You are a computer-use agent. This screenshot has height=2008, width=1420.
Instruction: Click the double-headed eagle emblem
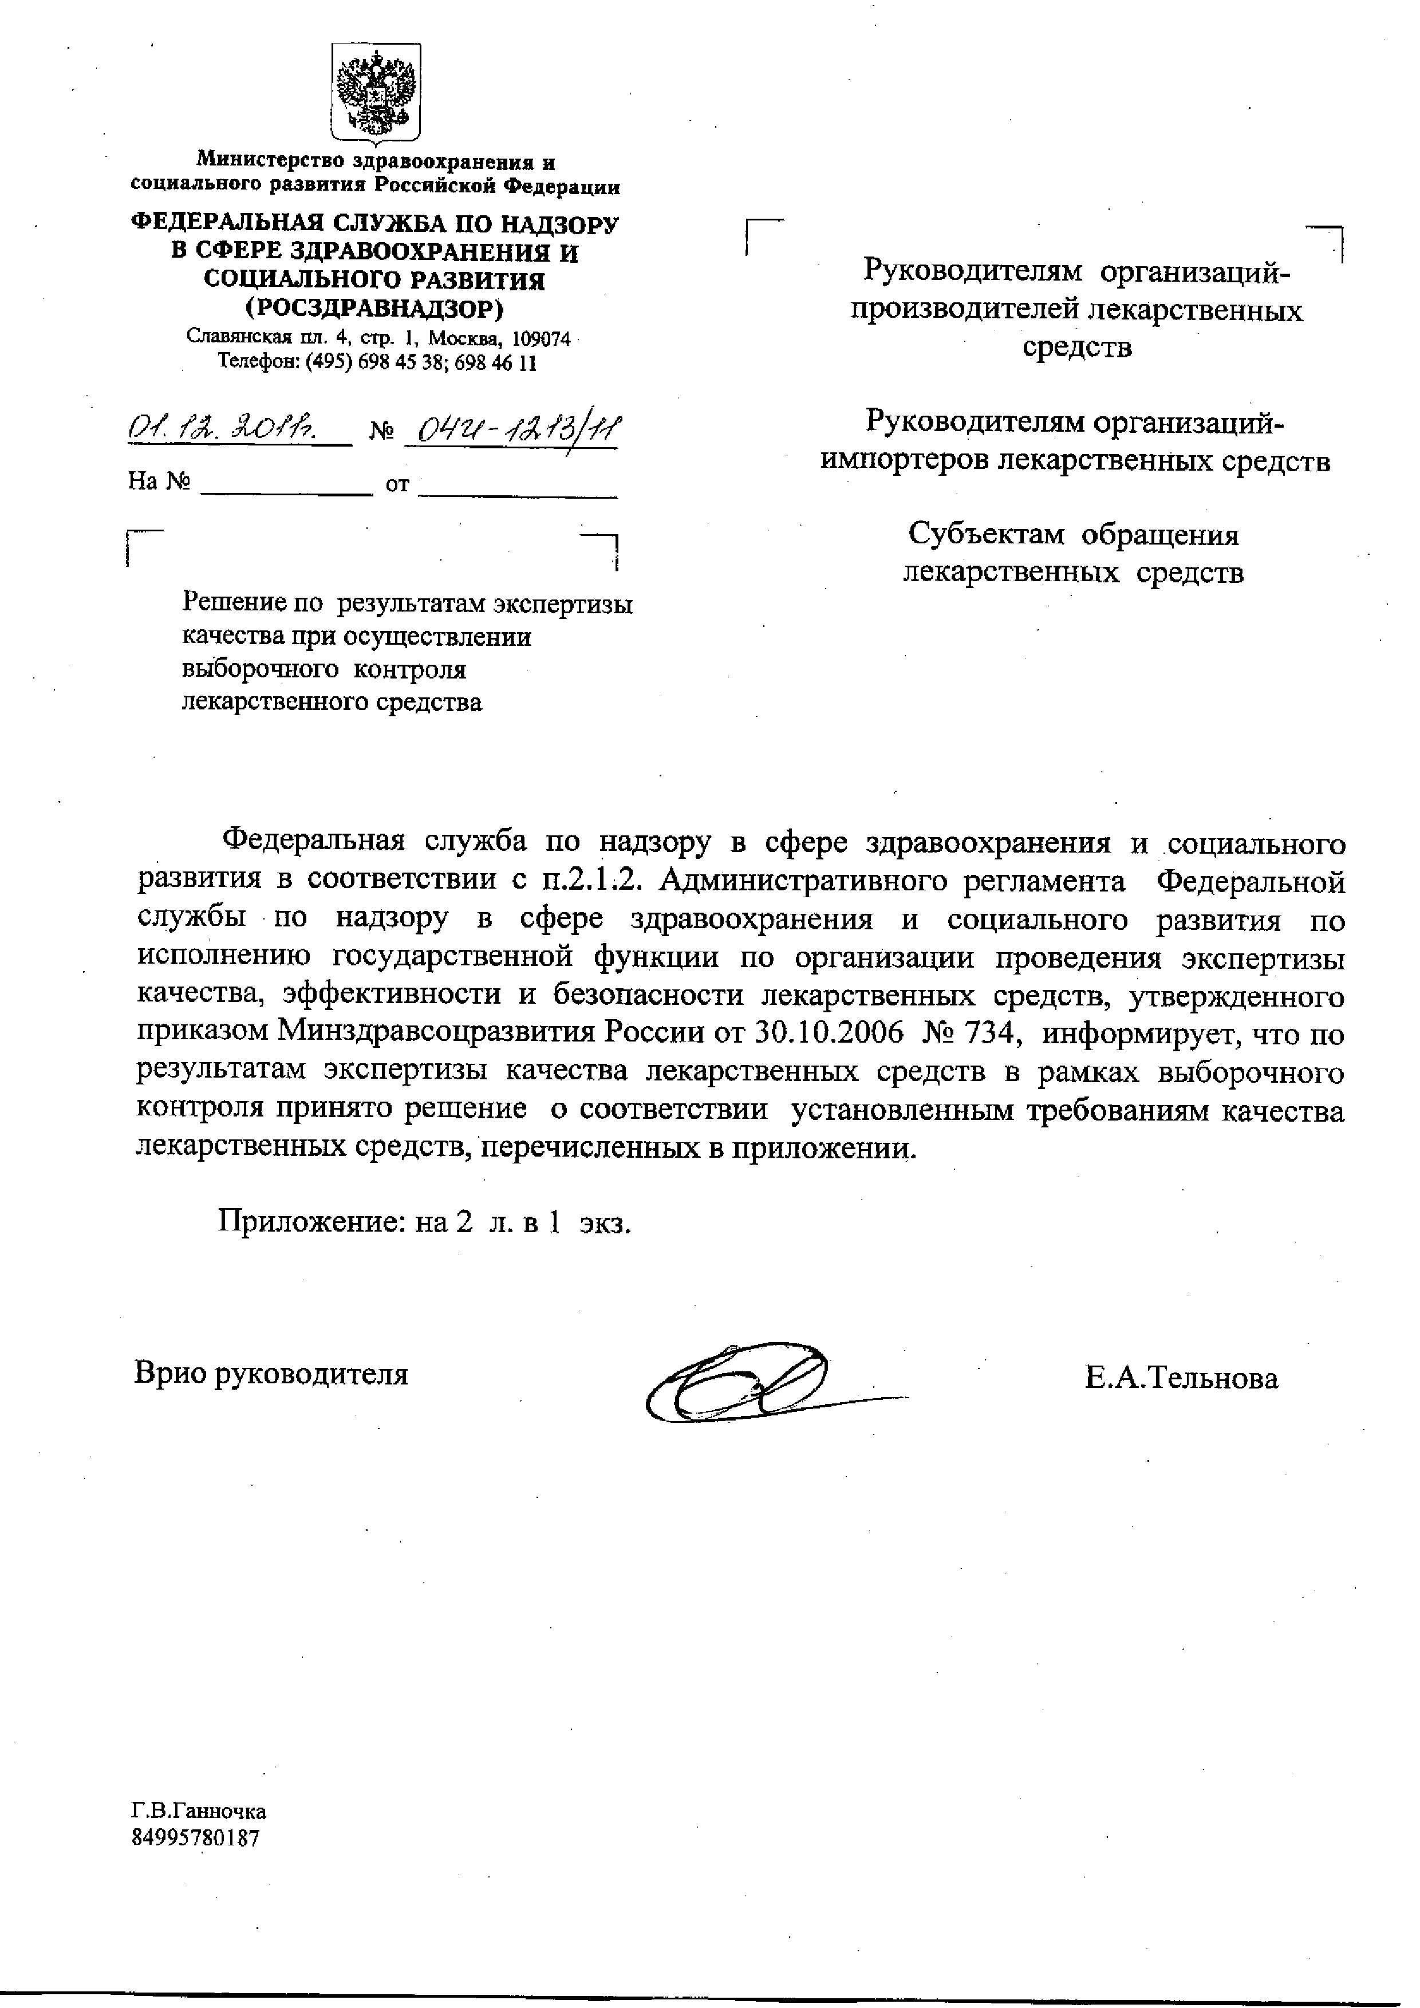376,93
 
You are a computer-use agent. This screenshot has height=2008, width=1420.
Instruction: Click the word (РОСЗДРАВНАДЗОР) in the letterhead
374,309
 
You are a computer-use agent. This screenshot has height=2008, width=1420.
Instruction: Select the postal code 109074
541,338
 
